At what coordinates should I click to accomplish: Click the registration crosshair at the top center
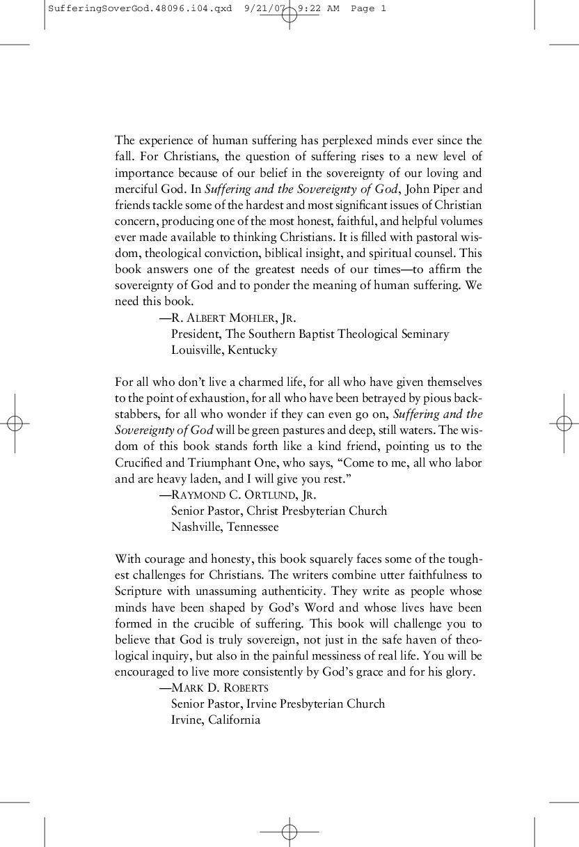tap(289, 15)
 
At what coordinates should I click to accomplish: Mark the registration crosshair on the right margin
tap(564, 423)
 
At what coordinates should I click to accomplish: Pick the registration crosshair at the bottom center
tap(289, 832)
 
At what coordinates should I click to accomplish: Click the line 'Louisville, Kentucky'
tap(224, 350)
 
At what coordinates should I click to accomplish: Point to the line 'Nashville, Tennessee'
tap(225, 527)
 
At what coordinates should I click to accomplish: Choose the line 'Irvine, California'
tap(216, 720)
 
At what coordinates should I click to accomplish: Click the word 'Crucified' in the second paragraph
tap(139, 463)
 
